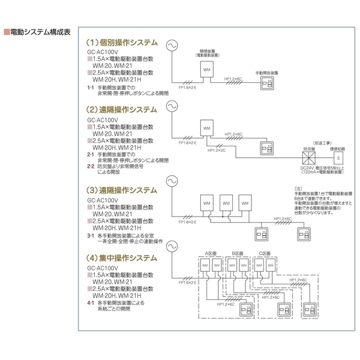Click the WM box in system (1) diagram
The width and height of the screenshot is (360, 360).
point(207,71)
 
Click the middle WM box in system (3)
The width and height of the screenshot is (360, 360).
point(226,203)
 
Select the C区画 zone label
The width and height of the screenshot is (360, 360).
point(264,254)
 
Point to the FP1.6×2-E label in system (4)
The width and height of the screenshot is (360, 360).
point(188,282)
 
